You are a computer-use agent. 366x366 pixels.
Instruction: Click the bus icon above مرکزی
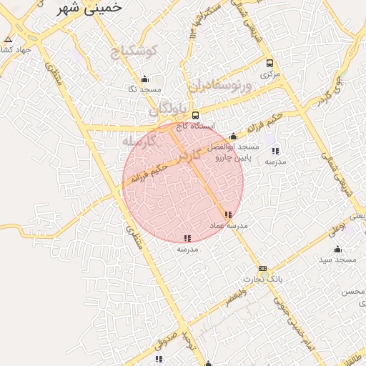click(269, 63)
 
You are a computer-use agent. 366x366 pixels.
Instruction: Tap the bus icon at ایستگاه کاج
click(196, 115)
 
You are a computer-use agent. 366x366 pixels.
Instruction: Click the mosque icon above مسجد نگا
click(145, 79)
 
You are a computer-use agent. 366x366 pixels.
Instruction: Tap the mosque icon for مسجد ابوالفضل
click(232, 137)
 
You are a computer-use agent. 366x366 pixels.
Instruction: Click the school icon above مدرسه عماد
click(228, 214)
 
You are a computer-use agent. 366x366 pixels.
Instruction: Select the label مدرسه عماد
click(228, 225)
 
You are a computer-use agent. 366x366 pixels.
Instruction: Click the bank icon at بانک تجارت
click(262, 269)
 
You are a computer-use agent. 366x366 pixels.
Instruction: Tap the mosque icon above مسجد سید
click(337, 249)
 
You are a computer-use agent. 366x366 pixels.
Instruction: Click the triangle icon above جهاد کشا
click(8, 39)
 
